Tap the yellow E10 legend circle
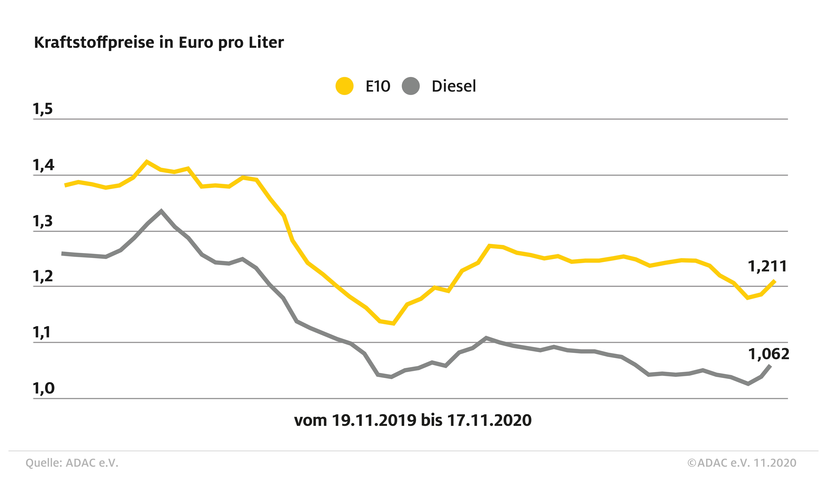point(344,86)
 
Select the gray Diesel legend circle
point(410,86)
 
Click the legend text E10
point(378,86)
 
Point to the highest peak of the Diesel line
point(161,211)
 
